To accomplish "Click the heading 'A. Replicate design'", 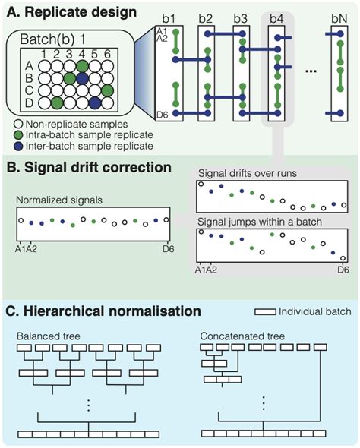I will click(68, 12).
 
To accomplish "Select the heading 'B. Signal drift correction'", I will click(89, 166).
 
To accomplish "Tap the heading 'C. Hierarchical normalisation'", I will click(104, 311).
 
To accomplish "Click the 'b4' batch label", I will click(276, 17).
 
